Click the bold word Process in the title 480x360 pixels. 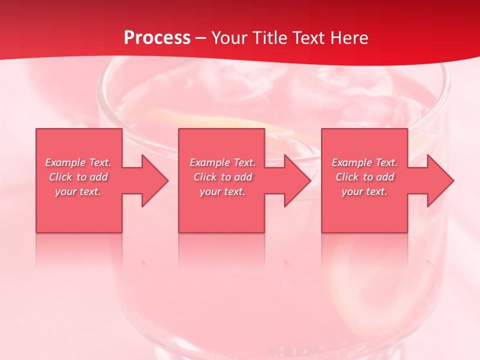[157, 38]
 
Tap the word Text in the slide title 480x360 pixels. [308, 38]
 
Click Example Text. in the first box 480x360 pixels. [78, 162]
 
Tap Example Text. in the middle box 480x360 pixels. [222, 162]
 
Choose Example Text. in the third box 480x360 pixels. [364, 162]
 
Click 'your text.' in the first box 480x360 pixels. [78, 191]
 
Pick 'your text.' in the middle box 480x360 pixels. [222, 191]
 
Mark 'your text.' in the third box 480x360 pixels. [364, 191]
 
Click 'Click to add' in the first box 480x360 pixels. [78, 177]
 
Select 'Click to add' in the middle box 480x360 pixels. [222, 177]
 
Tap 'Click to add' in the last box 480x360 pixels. [364, 177]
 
